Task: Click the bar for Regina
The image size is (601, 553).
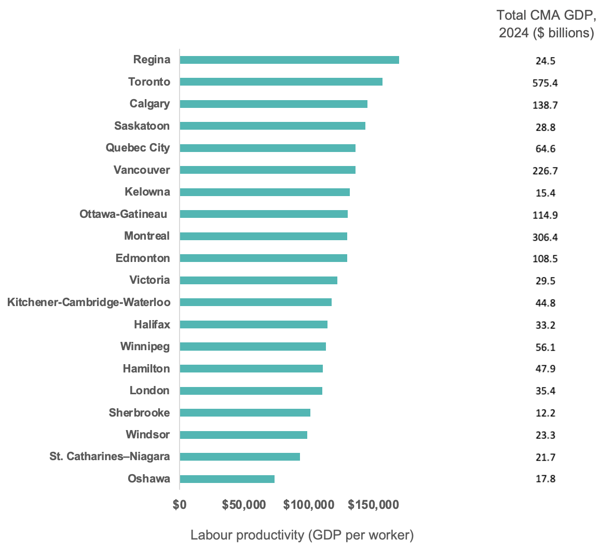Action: pos(289,60)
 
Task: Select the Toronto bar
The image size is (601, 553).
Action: pos(281,82)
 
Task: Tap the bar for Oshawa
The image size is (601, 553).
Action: pos(227,479)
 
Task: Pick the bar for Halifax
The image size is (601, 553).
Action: pos(253,324)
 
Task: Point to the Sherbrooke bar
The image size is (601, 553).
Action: pos(245,413)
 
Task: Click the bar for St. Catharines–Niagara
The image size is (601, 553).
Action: pos(240,457)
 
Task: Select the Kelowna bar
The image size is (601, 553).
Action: pos(265,192)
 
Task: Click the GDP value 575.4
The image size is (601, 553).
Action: pos(545,83)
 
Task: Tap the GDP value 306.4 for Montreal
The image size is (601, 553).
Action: pos(545,237)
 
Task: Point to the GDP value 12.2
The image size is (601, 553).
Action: pos(545,413)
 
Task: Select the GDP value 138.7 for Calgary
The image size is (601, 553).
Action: pos(545,105)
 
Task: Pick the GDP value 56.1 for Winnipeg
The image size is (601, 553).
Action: pos(545,347)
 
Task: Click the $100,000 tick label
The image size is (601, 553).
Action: pos(309,505)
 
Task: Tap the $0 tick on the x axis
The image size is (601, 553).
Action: pos(180,505)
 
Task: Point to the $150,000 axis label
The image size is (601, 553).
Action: pos(373,505)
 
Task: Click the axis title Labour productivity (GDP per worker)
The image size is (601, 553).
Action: pos(302,535)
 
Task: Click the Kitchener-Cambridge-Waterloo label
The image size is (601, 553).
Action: pos(89,302)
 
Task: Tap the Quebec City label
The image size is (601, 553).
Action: pos(138,148)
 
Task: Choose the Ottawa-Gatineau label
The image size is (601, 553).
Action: pos(124,214)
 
